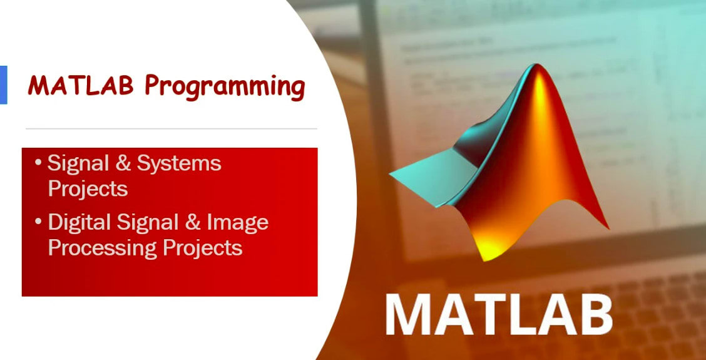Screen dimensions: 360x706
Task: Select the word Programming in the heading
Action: pos(225,87)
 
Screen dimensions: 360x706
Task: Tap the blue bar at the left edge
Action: pos(3,85)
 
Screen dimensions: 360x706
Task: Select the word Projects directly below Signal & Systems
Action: pos(88,188)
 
